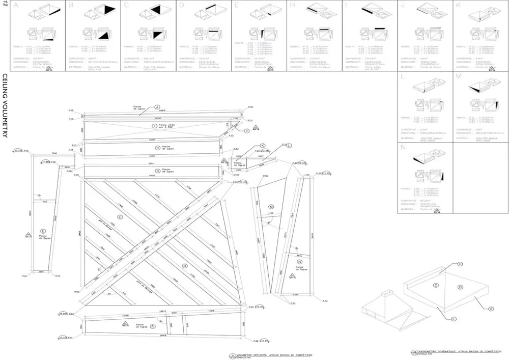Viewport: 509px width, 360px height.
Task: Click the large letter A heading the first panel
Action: (x=16, y=6)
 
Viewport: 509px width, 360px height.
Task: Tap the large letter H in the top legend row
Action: (x=292, y=6)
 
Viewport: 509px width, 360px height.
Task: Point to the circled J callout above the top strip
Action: (x=143, y=107)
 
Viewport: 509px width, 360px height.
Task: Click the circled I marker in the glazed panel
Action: (x=154, y=125)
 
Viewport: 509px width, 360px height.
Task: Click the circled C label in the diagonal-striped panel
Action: (x=120, y=217)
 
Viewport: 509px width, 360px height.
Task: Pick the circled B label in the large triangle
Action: (x=185, y=266)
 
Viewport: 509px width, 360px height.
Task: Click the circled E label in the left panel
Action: (x=42, y=231)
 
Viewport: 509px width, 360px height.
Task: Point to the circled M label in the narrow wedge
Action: (x=271, y=206)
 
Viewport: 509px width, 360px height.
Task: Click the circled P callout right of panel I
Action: (x=247, y=131)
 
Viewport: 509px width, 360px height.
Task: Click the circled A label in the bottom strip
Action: (x=153, y=325)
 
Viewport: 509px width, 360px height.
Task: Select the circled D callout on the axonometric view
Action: (x=460, y=264)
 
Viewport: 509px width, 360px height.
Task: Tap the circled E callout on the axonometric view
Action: (x=453, y=318)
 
